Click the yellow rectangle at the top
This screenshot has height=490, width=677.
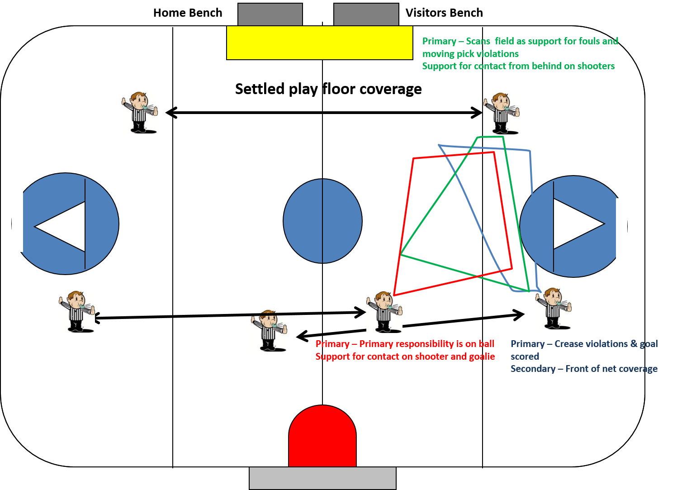coord(319,43)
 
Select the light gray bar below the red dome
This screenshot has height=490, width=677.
coord(322,478)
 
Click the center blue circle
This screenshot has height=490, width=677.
coord(322,221)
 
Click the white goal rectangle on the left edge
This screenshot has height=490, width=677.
coord(17,221)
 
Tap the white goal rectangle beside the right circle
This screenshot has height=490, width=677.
coord(621,229)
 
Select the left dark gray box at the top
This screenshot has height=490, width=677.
coord(270,14)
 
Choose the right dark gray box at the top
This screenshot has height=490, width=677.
coord(366,14)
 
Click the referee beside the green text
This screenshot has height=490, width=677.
coord(501,114)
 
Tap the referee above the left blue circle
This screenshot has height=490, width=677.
coord(140,113)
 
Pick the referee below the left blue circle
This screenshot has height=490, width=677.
coord(77,312)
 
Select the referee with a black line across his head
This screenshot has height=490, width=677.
coord(269,331)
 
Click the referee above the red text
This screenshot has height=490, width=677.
coord(384,312)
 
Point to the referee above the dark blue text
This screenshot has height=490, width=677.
coord(553,309)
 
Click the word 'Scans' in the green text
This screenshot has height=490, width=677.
coord(478,41)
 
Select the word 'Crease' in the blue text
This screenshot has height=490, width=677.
coord(569,344)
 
